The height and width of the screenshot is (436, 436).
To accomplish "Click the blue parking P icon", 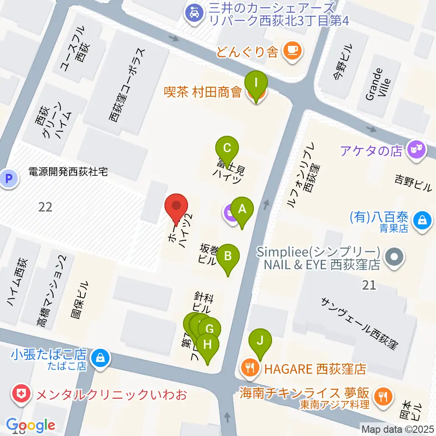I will coord(8,178).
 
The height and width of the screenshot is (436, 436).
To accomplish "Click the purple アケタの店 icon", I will coord(416,149).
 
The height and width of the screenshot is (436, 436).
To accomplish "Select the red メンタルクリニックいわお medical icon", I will coord(20,393).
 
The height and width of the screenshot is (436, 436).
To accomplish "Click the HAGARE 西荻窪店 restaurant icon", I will coord(250,368).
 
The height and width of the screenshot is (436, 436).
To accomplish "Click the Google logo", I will coord(31,425).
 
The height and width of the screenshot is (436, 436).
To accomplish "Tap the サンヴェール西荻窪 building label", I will coord(359,323).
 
